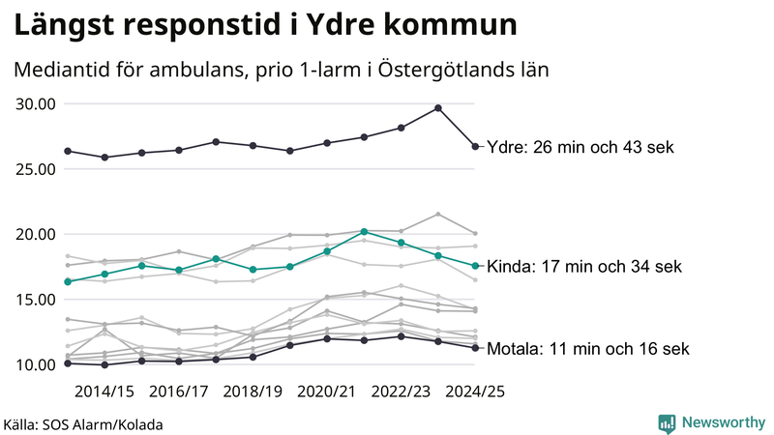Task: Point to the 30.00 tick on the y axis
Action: [36, 104]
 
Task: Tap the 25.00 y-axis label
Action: [36, 169]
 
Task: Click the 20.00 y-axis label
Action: [36, 235]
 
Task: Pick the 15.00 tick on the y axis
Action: [36, 300]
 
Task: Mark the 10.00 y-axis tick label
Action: [36, 365]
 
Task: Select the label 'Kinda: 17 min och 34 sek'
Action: [586, 267]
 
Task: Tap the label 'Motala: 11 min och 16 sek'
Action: [588, 349]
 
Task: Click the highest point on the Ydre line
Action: [438, 108]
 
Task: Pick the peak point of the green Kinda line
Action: [364, 231]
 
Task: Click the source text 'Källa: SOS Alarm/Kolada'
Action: [83, 424]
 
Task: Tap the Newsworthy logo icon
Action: [667, 422]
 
